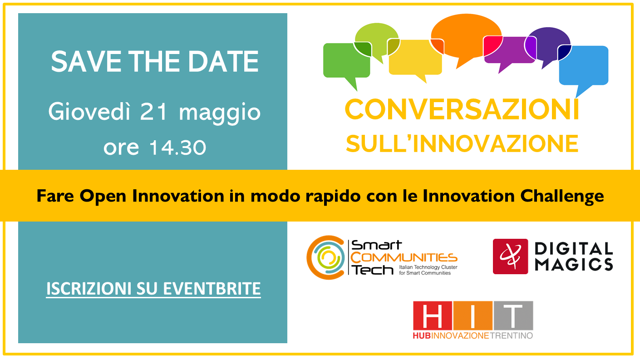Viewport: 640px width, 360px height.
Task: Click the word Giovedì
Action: [x=89, y=111]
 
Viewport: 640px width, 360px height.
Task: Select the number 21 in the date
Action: [x=153, y=112]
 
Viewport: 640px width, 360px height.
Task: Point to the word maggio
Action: [x=220, y=113]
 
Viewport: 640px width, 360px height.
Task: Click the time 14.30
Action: [x=178, y=148]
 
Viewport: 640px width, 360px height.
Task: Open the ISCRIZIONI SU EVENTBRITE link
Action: [x=153, y=289]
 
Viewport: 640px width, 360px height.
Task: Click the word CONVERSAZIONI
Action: [x=462, y=109]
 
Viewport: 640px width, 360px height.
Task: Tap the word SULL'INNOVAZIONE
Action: [x=462, y=144]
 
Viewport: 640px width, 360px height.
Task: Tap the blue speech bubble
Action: [x=584, y=66]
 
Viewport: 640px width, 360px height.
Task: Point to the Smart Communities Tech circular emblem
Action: [x=326, y=257]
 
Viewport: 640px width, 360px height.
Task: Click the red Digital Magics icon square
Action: [x=510, y=256]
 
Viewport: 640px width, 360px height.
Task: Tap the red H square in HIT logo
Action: [x=433, y=316]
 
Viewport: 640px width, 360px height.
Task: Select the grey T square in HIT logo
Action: [x=513, y=316]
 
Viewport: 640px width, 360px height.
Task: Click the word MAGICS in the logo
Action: [x=574, y=264]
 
